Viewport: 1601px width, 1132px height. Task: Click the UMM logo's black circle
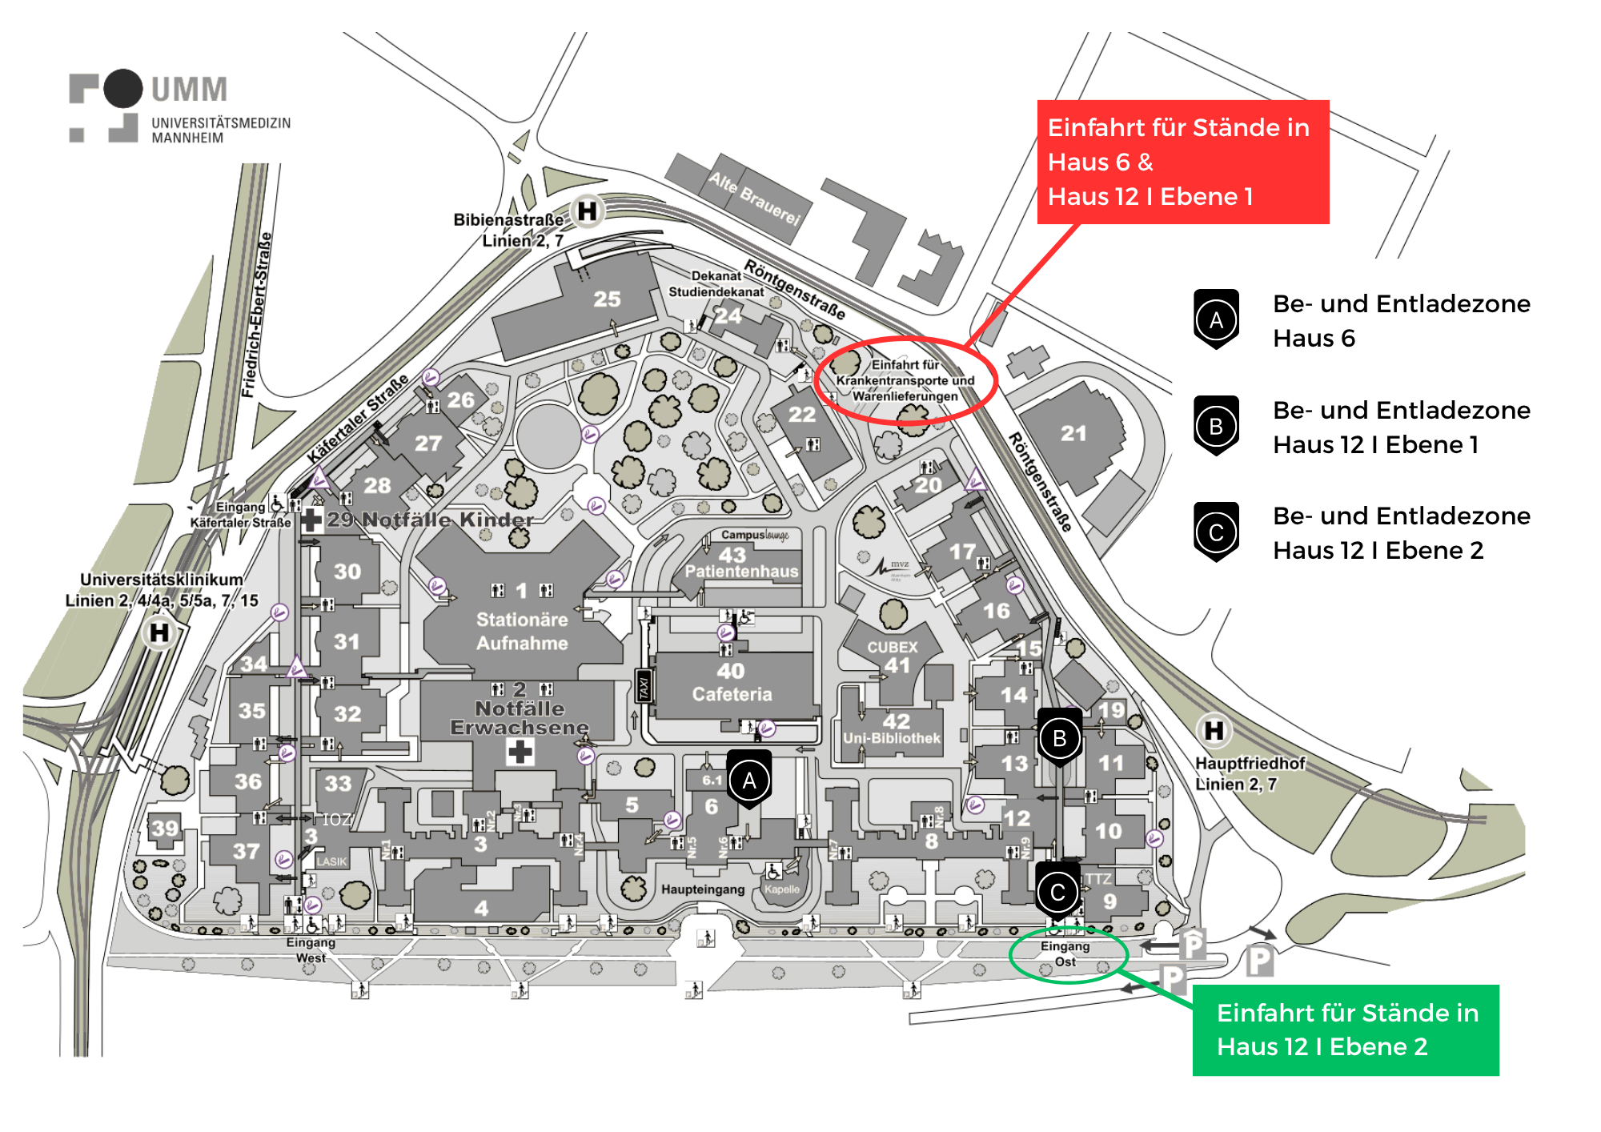123,88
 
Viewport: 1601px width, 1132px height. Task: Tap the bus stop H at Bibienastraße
587,211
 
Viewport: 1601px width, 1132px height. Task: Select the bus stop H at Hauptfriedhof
1214,730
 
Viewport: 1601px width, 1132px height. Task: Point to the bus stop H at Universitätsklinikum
159,632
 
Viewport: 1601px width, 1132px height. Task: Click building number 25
607,299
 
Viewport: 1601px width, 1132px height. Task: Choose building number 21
1073,434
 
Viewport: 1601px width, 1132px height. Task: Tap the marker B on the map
1060,738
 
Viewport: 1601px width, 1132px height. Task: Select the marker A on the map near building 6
749,781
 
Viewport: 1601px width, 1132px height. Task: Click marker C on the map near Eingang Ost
1057,892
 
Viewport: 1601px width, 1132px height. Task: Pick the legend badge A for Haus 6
1216,319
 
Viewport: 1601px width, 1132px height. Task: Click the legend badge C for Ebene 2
1216,532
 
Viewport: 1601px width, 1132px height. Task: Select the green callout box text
1346,1030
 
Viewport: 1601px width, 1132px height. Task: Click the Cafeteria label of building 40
732,694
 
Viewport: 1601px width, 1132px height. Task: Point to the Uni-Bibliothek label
892,738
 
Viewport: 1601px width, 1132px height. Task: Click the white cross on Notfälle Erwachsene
520,752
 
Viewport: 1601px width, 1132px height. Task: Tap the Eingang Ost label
1065,953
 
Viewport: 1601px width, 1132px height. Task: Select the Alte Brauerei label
754,199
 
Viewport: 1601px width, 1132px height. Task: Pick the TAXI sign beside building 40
643,687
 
